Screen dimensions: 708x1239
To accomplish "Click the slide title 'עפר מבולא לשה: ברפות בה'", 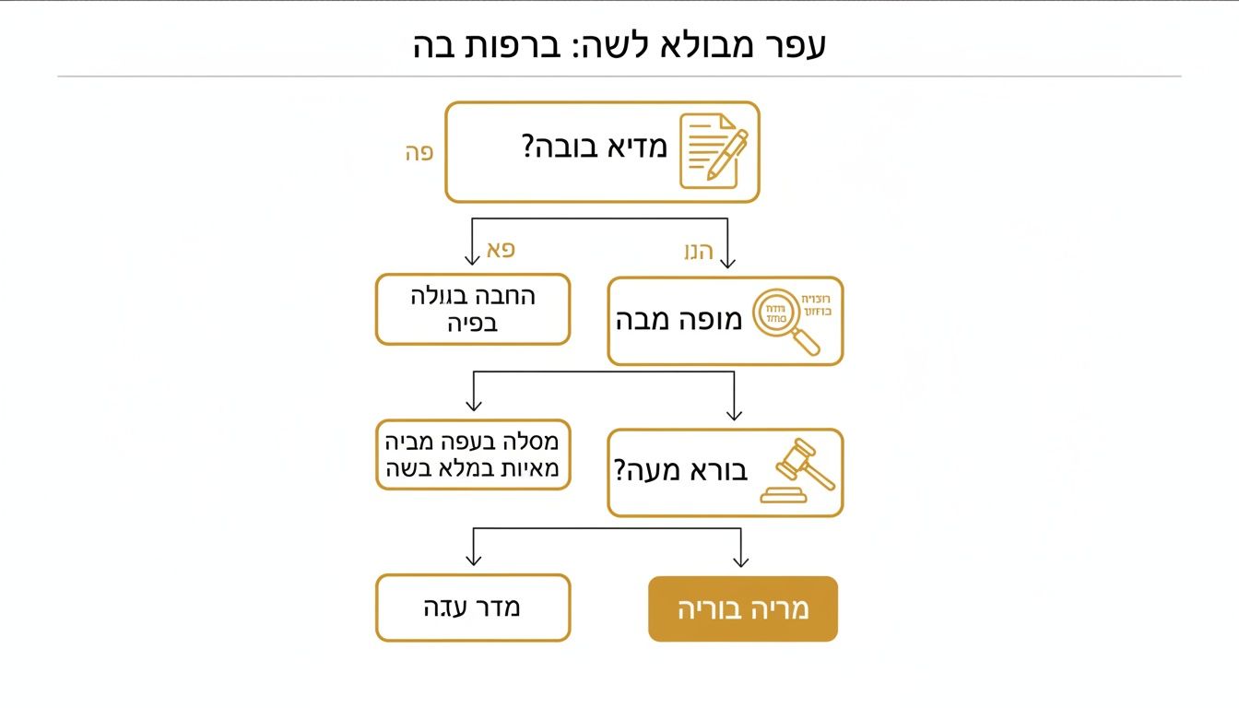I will point(619,44).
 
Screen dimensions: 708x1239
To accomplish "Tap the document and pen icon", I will point(712,150).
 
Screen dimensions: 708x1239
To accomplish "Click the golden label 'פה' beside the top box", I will point(419,153).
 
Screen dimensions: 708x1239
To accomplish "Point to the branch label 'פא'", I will point(501,249).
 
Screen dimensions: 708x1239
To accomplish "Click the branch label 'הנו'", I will point(698,251).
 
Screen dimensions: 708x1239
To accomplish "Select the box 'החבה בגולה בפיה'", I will point(472,310).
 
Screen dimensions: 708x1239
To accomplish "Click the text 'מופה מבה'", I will point(678,321).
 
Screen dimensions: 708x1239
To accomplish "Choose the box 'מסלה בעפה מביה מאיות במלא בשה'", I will point(472,455).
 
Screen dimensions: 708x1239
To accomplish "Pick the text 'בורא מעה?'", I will point(680,471).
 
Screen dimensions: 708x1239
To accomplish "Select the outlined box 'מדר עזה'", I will point(472,608).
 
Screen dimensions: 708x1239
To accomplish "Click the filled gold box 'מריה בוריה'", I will point(743,608).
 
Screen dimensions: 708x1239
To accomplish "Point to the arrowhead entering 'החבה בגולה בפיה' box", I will point(473,259).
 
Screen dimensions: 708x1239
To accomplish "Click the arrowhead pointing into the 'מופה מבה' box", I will point(727,262).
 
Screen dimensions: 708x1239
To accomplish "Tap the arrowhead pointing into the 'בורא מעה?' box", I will point(734,415).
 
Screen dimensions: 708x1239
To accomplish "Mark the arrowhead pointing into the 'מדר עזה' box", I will point(474,560).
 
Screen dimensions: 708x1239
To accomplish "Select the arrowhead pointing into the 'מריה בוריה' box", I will point(740,560).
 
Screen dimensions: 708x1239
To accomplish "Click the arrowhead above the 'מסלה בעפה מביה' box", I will point(474,406).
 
